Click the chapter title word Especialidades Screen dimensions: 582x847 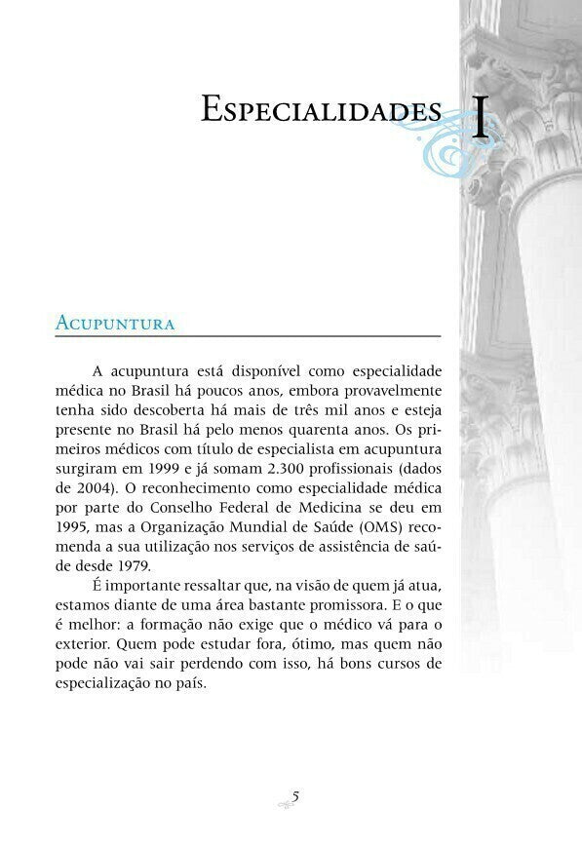[x=321, y=109]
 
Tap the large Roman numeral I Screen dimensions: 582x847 [x=480, y=117]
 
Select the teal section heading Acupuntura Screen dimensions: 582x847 [x=115, y=324]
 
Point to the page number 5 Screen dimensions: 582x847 [x=295, y=796]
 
